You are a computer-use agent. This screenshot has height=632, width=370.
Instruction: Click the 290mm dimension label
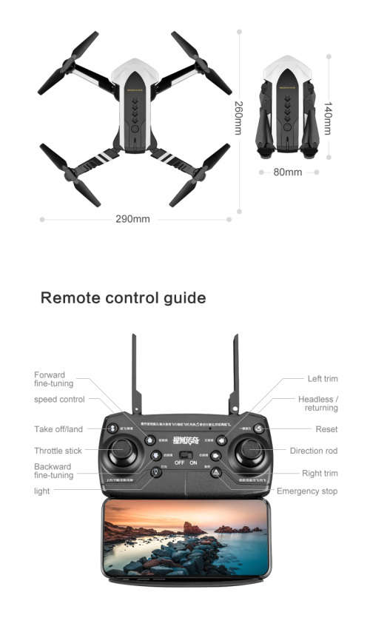pyautogui.click(x=132, y=219)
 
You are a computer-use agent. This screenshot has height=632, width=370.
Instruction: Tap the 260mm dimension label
pyautogui.click(x=238, y=117)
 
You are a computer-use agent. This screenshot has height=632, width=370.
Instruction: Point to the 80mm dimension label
pyautogui.click(x=288, y=172)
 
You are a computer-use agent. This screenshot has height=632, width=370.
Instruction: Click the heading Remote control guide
pyautogui.click(x=123, y=298)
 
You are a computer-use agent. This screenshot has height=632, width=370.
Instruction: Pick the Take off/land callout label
pyautogui.click(x=58, y=429)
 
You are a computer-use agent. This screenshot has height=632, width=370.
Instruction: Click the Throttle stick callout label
pyautogui.click(x=58, y=451)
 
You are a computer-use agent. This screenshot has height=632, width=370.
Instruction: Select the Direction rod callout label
pyautogui.click(x=314, y=451)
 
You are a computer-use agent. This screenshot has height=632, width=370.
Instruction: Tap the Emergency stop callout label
pyautogui.click(x=307, y=491)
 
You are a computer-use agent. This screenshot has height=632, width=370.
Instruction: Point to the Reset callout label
pyautogui.click(x=326, y=429)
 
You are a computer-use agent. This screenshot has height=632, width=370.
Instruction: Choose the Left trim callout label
pyautogui.click(x=323, y=379)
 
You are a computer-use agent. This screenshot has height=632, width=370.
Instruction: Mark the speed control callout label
pyautogui.click(x=59, y=399)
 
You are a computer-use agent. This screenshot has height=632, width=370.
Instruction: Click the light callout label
pyautogui.click(x=43, y=491)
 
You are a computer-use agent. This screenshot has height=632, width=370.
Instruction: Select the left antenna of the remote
pyautogui.click(x=134, y=374)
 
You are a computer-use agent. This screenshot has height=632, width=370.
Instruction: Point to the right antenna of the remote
pyautogui.click(x=236, y=374)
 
